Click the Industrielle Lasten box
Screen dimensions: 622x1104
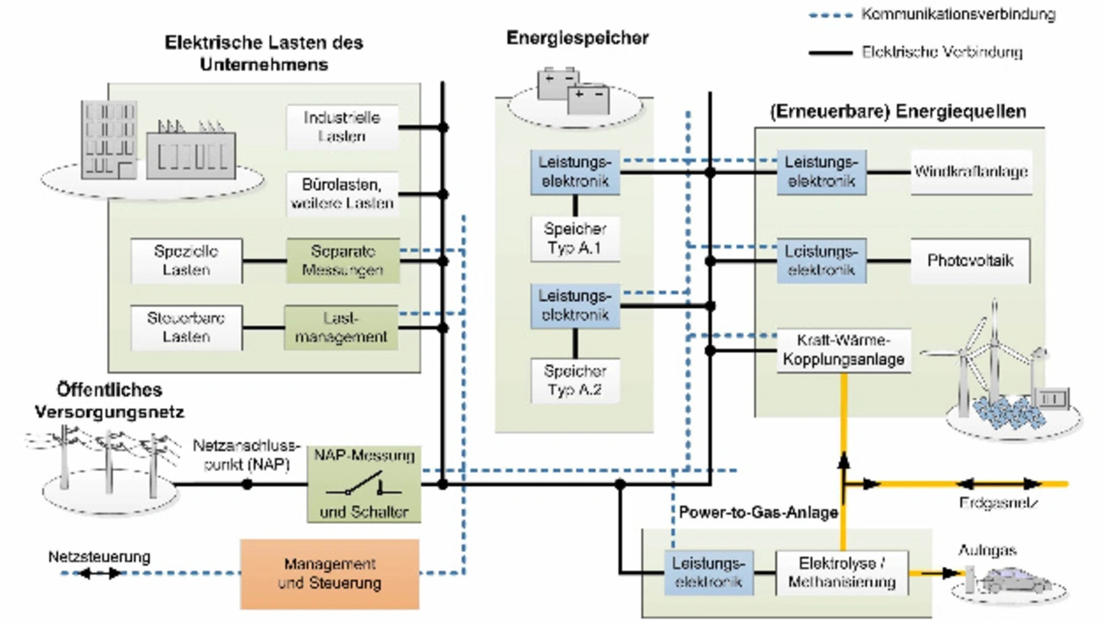tap(343, 127)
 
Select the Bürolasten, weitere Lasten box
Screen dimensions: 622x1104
tap(343, 194)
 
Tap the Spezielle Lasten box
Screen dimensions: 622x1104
tap(186, 261)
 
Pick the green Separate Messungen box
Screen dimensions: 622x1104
tap(343, 261)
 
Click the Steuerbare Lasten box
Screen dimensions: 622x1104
tap(186, 328)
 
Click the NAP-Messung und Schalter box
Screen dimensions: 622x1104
tap(363, 484)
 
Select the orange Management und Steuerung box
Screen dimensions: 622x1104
tap(329, 575)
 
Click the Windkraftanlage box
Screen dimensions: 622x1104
tap(971, 172)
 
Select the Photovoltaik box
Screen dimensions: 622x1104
tap(970, 261)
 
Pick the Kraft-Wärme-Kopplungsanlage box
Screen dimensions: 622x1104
tap(844, 349)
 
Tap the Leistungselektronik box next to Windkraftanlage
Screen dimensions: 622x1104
tap(820, 172)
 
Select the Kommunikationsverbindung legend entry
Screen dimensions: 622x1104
tap(931, 15)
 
